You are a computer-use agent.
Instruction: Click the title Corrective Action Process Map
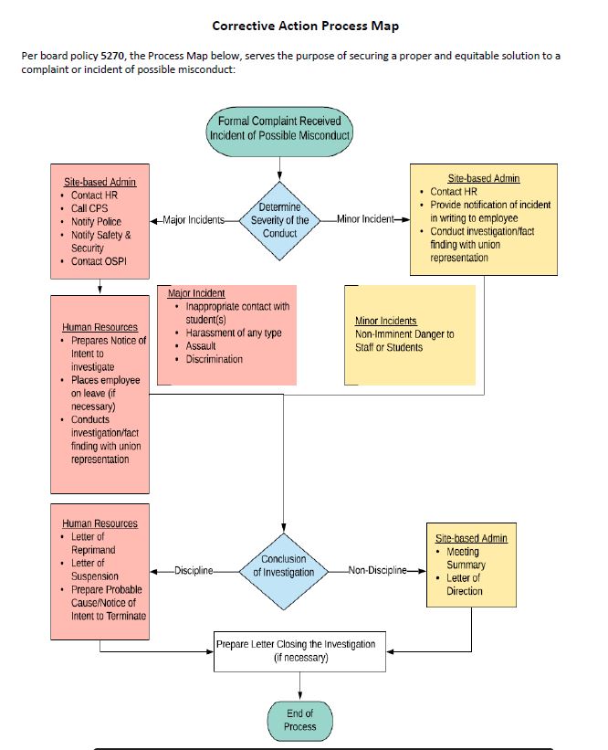click(x=305, y=26)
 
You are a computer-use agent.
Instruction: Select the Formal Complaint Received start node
click(x=279, y=128)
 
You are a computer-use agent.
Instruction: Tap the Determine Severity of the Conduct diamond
click(x=279, y=220)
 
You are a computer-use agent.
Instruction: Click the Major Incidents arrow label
click(x=194, y=220)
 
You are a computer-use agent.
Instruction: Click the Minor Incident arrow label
click(x=364, y=220)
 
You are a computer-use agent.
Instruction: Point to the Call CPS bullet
click(x=89, y=208)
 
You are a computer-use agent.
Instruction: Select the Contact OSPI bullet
click(x=99, y=261)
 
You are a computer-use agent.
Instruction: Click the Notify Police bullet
click(x=96, y=221)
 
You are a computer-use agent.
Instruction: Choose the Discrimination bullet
click(x=215, y=359)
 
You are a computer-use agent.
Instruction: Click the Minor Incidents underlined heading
click(x=385, y=321)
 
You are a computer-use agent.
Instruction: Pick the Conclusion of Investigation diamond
click(x=283, y=565)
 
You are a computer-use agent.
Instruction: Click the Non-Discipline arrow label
click(x=377, y=571)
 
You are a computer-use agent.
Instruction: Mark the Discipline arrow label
click(x=193, y=571)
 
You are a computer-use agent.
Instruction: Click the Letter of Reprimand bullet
click(x=93, y=544)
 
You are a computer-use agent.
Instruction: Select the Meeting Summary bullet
click(x=463, y=558)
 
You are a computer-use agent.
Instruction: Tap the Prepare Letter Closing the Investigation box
click(x=295, y=650)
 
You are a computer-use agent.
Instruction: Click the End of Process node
click(x=299, y=720)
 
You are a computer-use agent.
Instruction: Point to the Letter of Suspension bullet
click(x=94, y=570)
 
